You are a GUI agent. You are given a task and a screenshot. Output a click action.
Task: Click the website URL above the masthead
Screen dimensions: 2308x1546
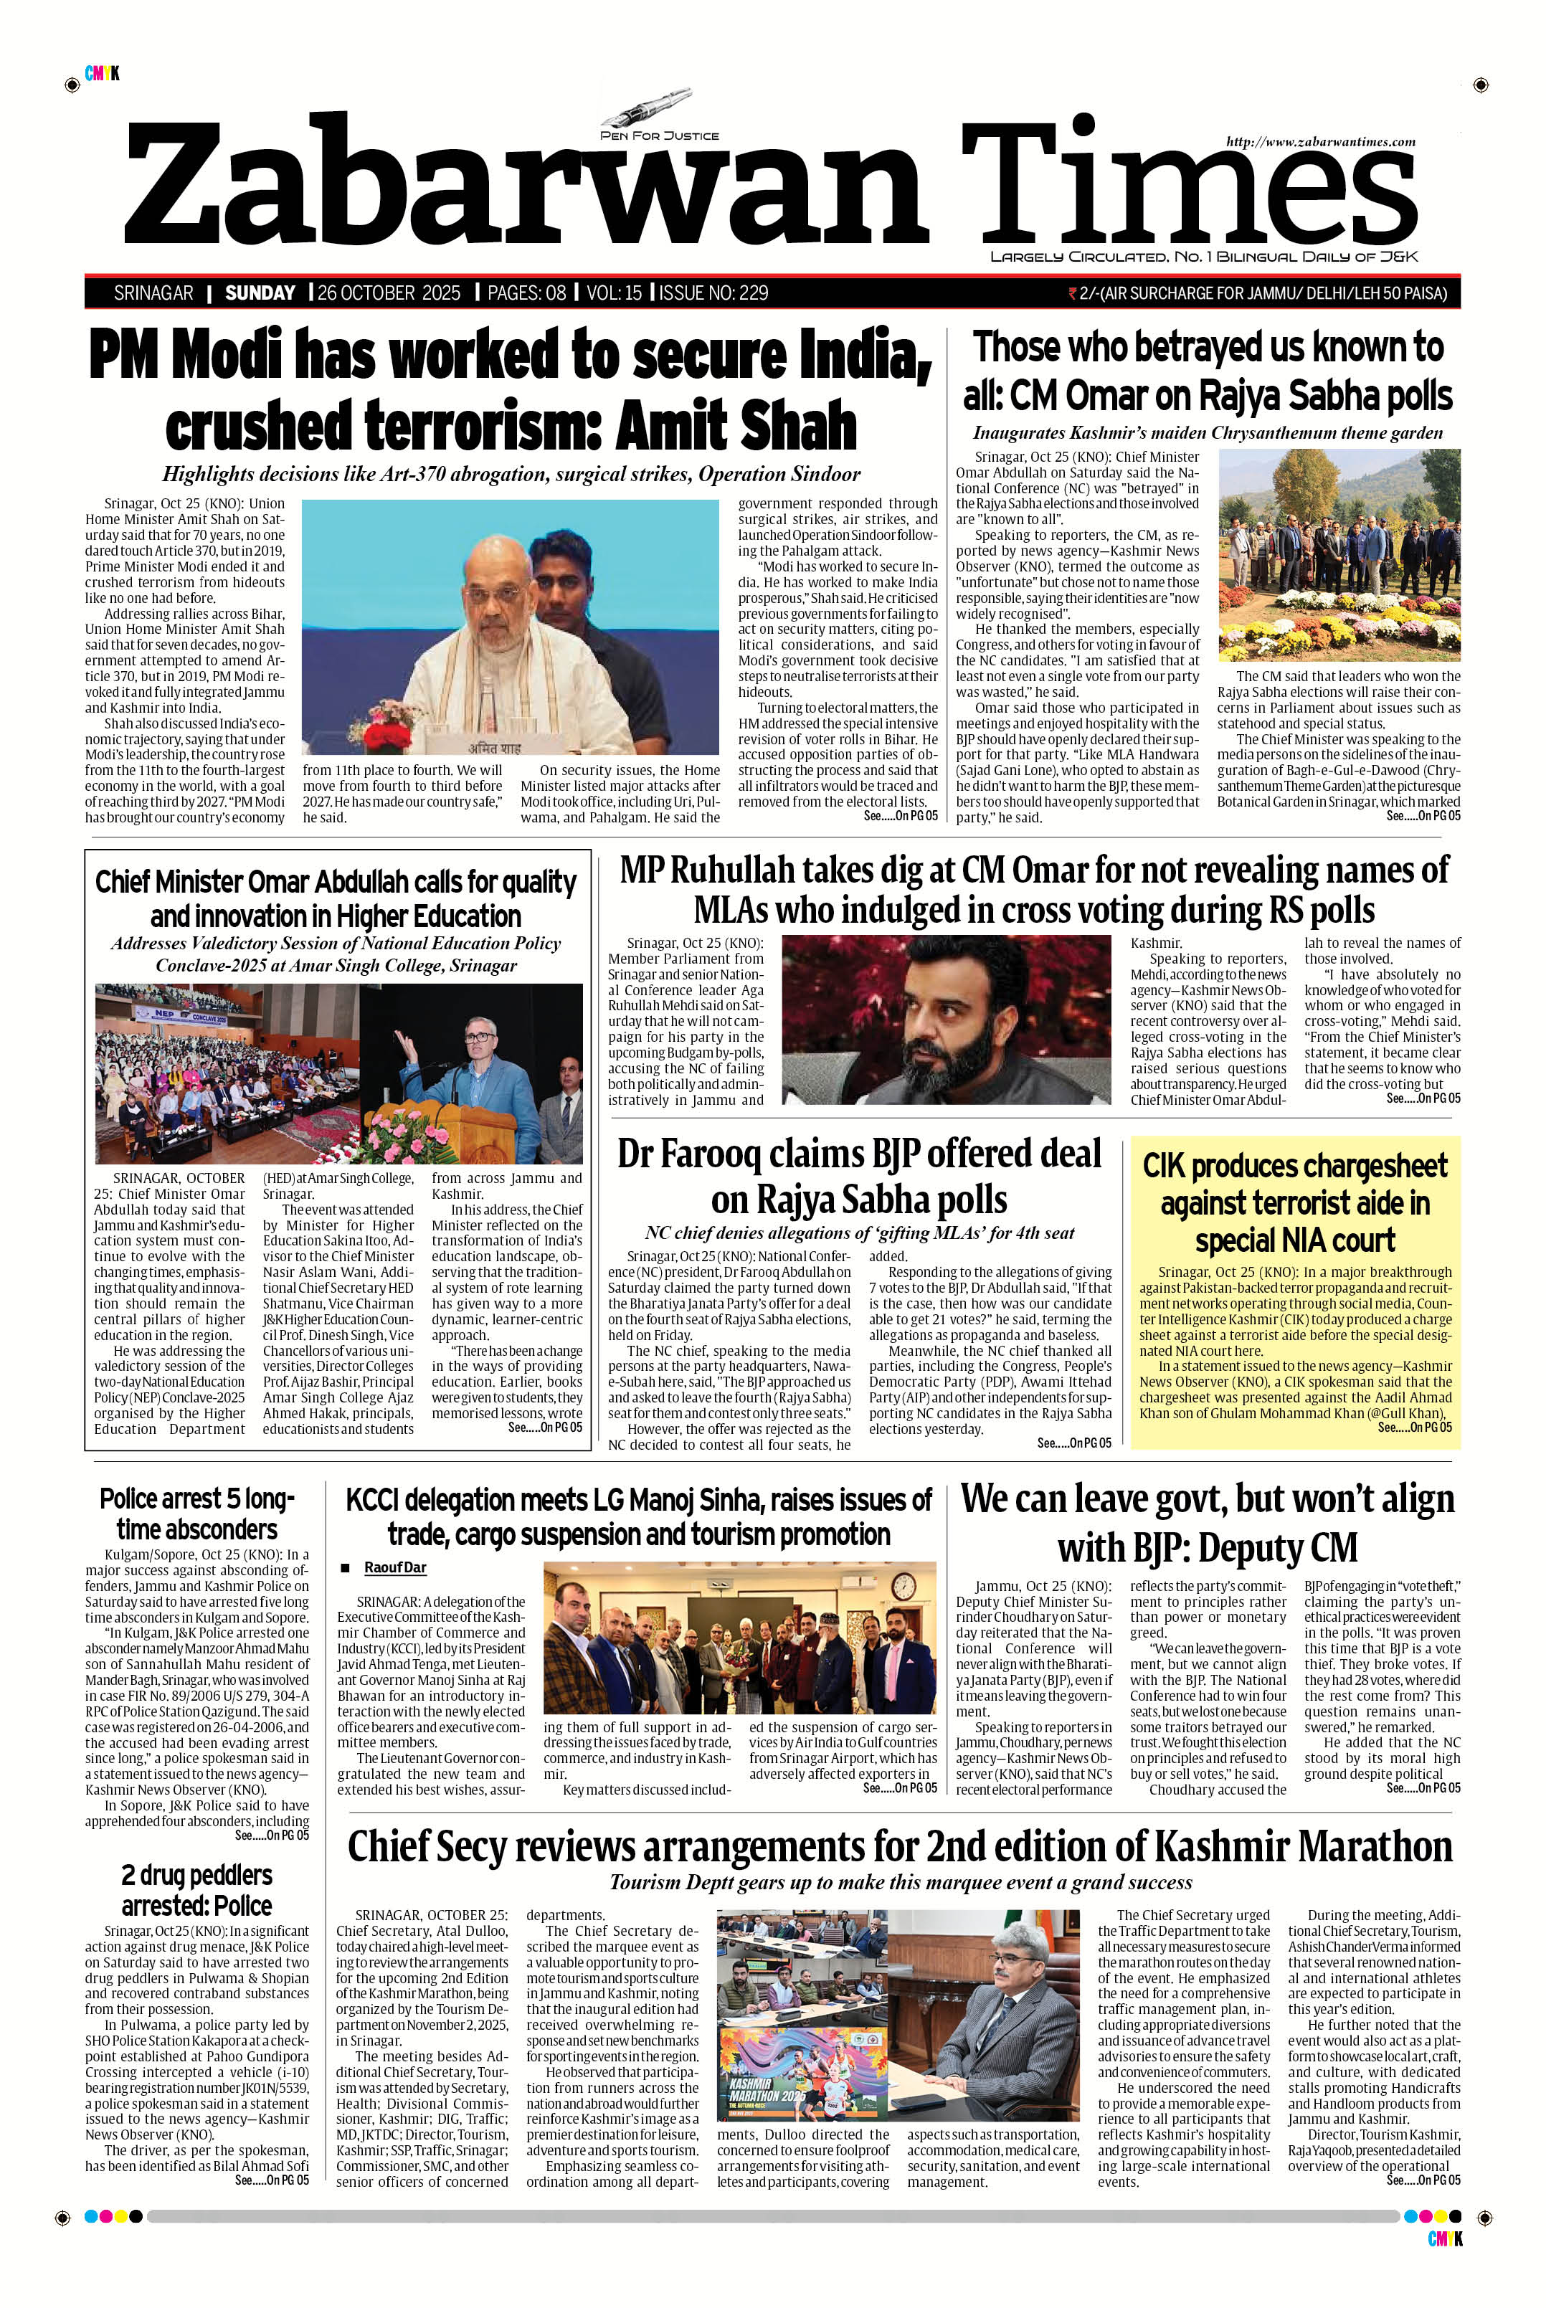pos(1320,142)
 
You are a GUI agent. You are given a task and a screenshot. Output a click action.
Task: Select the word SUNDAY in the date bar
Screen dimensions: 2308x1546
pos(260,293)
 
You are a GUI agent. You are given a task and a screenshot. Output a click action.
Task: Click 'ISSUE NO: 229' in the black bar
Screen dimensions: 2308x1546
pos(714,293)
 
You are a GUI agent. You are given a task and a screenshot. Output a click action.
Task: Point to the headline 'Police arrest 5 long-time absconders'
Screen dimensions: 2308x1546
pos(197,1514)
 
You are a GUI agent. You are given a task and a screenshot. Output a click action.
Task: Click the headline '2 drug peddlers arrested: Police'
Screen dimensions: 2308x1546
pos(197,1889)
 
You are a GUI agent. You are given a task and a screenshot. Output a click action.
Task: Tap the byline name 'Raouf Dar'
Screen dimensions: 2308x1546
pos(394,1567)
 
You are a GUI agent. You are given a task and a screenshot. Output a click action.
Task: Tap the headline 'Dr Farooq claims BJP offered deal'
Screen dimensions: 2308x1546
pos(859,1175)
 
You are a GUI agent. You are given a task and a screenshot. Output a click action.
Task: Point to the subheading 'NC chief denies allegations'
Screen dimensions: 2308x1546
pos(859,1233)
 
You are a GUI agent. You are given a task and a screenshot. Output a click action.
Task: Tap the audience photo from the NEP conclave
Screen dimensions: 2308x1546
pos(226,1073)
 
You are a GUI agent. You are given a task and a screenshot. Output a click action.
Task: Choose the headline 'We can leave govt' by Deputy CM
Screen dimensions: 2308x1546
pos(1207,1522)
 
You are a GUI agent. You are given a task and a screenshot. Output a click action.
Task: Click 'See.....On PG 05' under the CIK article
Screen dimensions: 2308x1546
pos(1415,1427)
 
